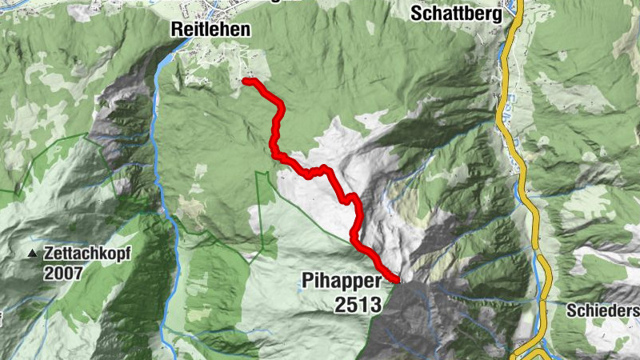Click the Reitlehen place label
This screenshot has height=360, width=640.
click(210, 30)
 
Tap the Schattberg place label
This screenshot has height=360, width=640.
click(456, 14)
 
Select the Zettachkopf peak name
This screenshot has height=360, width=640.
click(86, 252)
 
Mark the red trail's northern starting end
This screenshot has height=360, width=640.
click(244, 81)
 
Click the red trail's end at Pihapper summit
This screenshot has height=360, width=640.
click(397, 279)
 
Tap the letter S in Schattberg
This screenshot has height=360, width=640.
click(416, 14)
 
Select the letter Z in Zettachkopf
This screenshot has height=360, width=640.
click(50, 252)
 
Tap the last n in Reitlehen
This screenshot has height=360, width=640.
click(246, 30)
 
